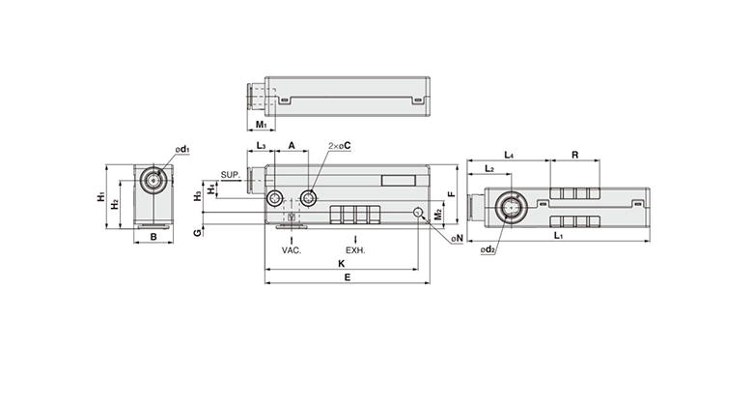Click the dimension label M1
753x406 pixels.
pos(261,125)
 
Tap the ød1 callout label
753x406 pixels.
pos(182,150)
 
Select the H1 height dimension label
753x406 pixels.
pos(101,196)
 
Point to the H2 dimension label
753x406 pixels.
pos(115,204)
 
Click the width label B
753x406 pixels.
pos(153,236)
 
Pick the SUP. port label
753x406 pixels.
pos(230,175)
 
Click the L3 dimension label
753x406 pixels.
pos(261,145)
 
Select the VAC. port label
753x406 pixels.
pos(292,250)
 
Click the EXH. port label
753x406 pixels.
pos(355,250)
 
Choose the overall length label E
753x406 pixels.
pos(348,277)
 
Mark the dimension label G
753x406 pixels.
pos(197,233)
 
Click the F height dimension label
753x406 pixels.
pos(450,194)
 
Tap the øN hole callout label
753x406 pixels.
pos(457,237)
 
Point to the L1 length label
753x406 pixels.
pos(560,236)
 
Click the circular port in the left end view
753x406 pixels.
pos(153,180)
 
